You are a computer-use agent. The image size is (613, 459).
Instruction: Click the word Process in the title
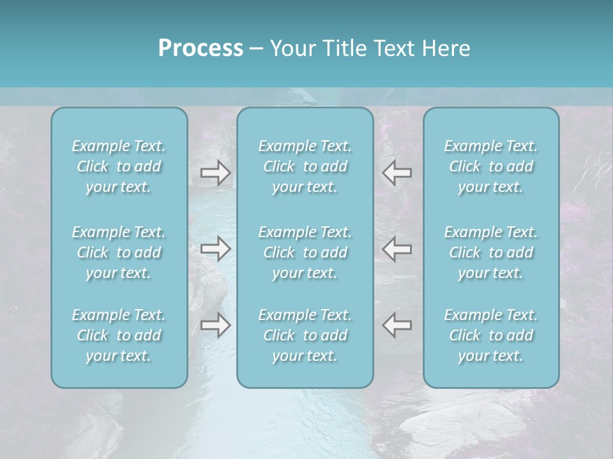(x=201, y=48)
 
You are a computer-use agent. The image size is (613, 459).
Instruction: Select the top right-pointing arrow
(x=215, y=173)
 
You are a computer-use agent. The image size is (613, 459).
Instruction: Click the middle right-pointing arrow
(x=215, y=249)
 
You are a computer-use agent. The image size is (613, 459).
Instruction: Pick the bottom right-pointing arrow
(x=215, y=325)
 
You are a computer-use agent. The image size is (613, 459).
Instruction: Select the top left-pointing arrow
(x=397, y=173)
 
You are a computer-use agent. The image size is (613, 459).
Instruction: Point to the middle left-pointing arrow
(x=397, y=249)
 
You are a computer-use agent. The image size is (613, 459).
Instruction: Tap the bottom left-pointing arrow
(x=397, y=325)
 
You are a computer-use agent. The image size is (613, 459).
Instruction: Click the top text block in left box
(x=119, y=166)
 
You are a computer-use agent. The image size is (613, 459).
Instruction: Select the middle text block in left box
(x=119, y=252)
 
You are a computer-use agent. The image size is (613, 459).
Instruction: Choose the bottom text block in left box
(x=119, y=335)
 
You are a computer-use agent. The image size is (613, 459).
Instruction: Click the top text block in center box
(x=305, y=166)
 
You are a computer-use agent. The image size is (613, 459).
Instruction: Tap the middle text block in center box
(x=305, y=252)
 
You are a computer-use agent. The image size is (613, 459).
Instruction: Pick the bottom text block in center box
(x=305, y=335)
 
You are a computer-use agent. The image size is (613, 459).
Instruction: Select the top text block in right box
(x=491, y=166)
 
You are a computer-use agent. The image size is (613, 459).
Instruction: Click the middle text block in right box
(x=491, y=252)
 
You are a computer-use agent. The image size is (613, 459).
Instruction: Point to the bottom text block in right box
(x=491, y=335)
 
